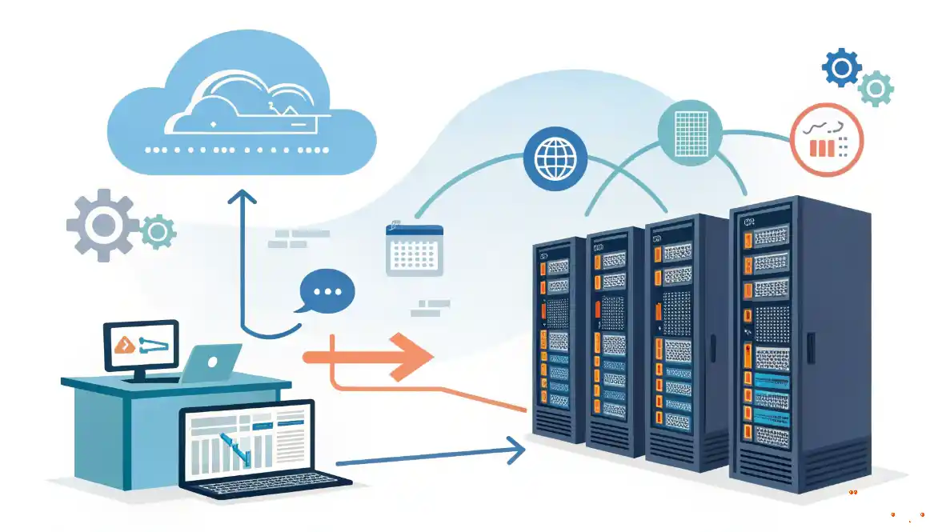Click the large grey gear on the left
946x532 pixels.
point(102,224)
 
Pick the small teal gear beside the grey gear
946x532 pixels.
point(158,232)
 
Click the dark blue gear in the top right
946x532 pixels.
point(842,68)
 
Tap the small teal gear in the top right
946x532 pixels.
point(876,88)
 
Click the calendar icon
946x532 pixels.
point(414,249)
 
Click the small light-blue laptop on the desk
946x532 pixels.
point(211,363)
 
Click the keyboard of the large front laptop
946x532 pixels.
point(264,482)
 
